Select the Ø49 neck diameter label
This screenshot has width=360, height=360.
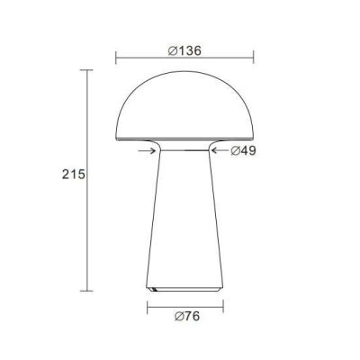pyautogui.click(x=243, y=151)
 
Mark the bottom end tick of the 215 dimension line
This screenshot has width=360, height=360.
pyautogui.click(x=87, y=291)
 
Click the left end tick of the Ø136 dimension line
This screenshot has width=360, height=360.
pyautogui.click(x=116, y=60)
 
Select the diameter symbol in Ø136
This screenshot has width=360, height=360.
pyautogui.click(x=172, y=50)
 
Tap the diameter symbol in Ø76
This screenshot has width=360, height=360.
pyautogui.click(x=175, y=317)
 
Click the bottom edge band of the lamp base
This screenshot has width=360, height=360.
pyautogui.click(x=184, y=288)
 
